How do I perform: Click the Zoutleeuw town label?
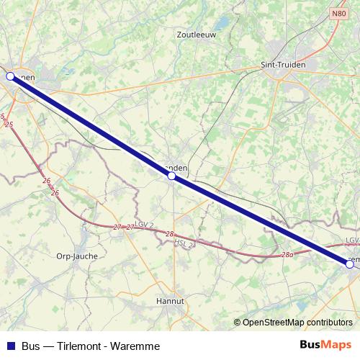tap(196, 34)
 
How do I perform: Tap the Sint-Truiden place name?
tap(284, 64)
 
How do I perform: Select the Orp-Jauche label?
tap(77, 256)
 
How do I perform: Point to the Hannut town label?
tap(171, 302)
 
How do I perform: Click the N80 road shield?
tap(339, 13)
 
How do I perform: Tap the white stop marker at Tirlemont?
tap(10, 76)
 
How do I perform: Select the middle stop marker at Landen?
tap(171, 175)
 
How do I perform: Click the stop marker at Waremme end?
tap(350, 264)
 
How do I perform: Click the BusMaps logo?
tap(325, 345)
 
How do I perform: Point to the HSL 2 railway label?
tap(184, 243)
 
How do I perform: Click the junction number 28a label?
tap(287, 254)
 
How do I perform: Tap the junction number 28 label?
tap(169, 234)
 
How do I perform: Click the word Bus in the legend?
tap(31, 346)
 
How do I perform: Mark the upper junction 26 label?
tap(46, 181)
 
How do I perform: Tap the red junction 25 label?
tap(9, 125)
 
